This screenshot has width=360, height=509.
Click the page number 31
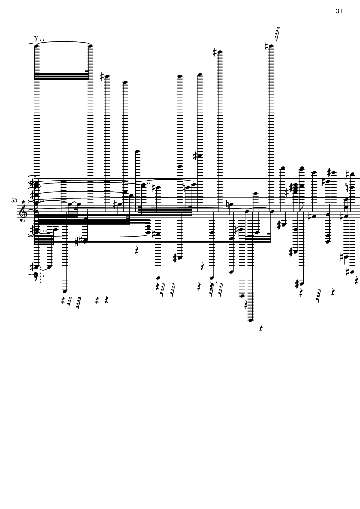[339, 11]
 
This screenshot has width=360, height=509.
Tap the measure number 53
[14, 200]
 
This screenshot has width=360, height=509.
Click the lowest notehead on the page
[250, 320]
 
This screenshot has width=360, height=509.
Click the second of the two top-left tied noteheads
[91, 45]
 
